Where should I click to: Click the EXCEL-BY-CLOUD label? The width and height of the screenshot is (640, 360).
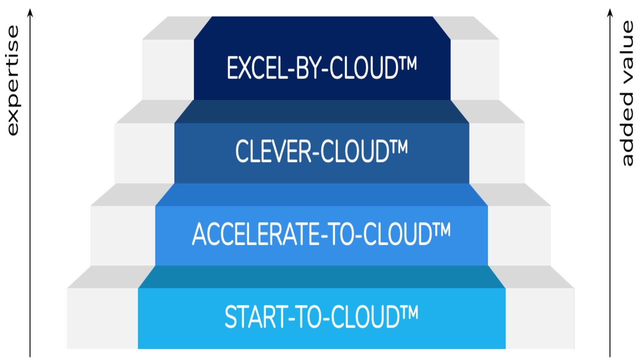click(x=321, y=67)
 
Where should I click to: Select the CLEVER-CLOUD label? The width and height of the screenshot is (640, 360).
click(x=321, y=151)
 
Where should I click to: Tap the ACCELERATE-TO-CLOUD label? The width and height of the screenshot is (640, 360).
click(x=321, y=233)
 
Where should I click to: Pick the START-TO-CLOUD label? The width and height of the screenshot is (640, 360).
click(x=321, y=316)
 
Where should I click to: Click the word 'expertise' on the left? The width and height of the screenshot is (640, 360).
click(x=13, y=80)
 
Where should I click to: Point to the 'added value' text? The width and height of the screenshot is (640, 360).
click(x=627, y=93)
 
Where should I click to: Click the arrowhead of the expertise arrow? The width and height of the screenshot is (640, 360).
click(x=30, y=12)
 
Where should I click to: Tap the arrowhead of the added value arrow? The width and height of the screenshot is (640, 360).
click(x=610, y=12)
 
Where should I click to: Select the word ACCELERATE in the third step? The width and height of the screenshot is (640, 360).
click(x=255, y=234)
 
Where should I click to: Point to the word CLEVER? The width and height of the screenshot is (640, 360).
click(x=273, y=151)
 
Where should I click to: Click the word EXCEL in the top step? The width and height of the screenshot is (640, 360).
click(x=257, y=68)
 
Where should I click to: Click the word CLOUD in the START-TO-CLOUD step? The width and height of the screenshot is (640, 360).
click(x=365, y=317)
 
